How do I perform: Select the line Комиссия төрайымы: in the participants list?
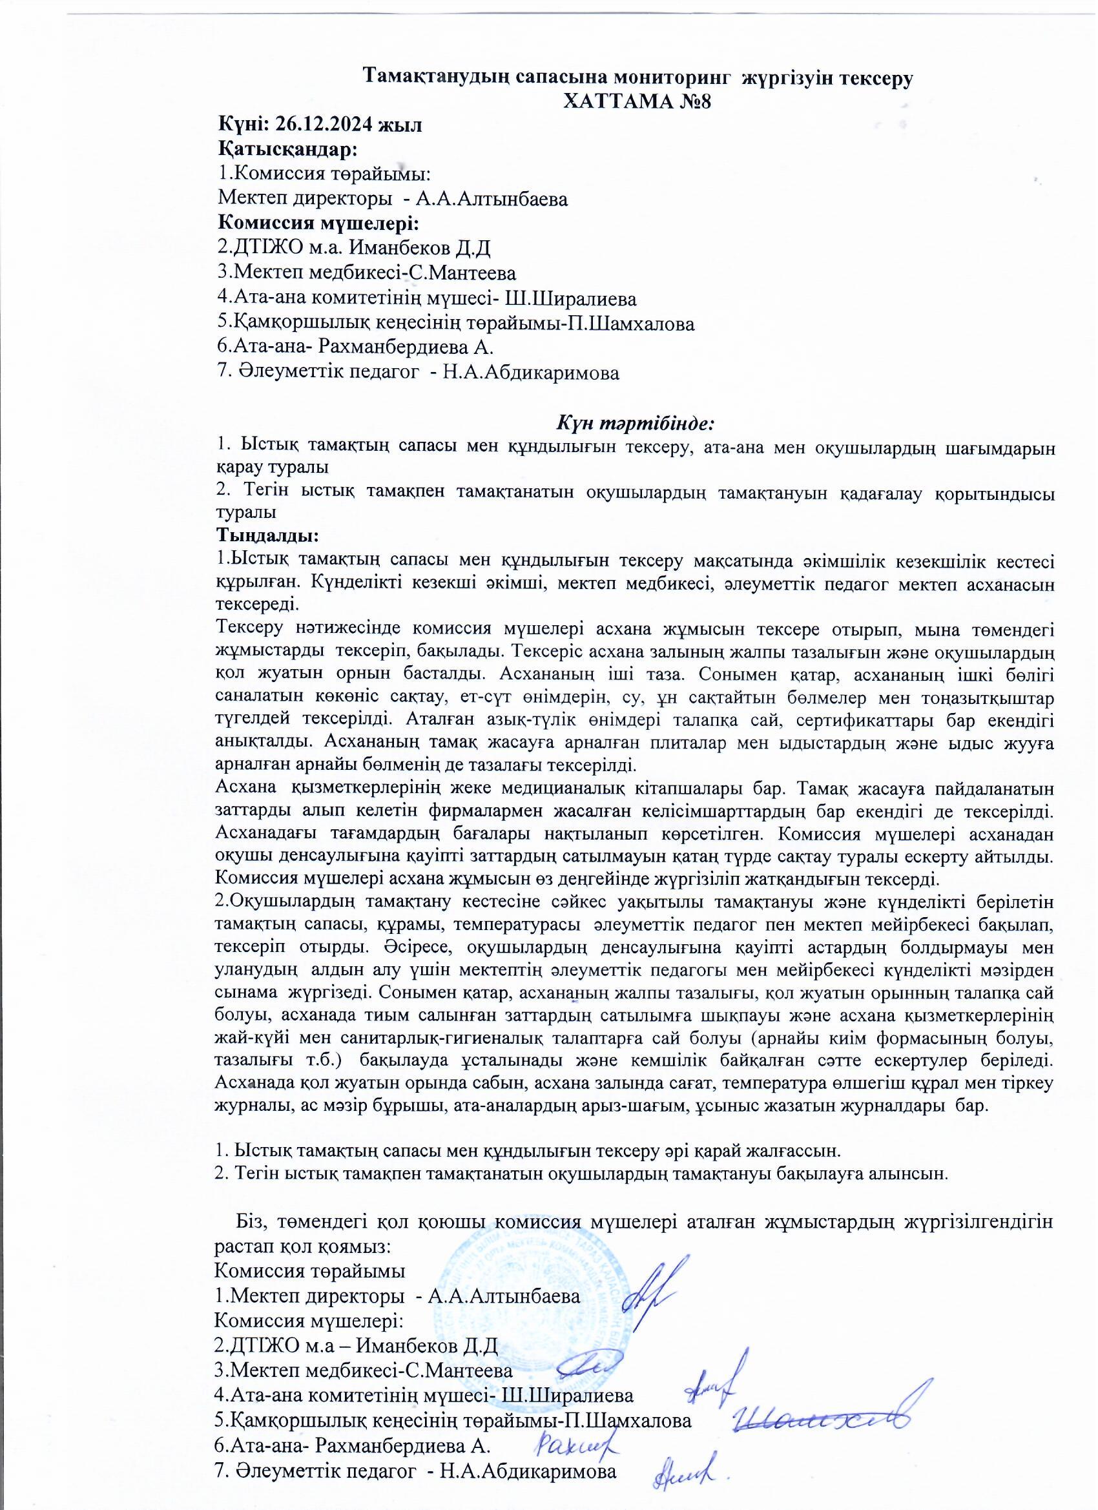tap(324, 174)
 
